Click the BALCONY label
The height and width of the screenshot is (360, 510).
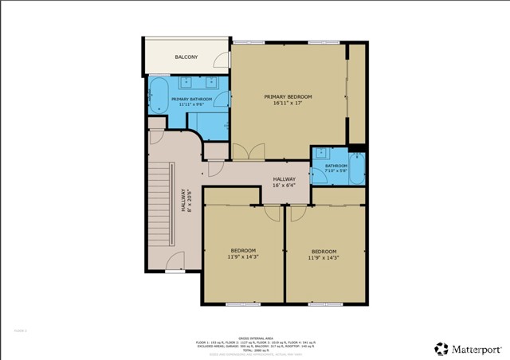186,57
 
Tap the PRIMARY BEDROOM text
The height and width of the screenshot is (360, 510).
288,96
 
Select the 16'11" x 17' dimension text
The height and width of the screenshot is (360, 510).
288,103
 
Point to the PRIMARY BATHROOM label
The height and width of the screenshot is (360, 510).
191,99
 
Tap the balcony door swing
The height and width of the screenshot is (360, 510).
219,57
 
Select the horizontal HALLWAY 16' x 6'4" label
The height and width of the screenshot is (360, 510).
284,182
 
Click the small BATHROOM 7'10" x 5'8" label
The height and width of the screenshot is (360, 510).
336,168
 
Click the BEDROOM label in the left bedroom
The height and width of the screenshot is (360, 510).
243,251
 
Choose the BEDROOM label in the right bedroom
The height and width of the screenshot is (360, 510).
324,251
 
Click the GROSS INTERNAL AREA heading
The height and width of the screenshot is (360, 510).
255,338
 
